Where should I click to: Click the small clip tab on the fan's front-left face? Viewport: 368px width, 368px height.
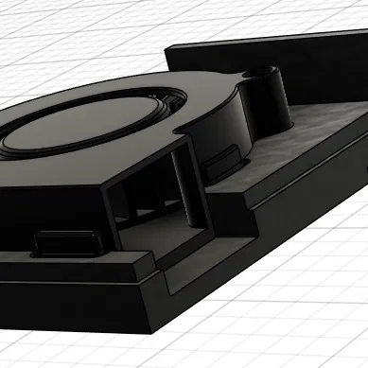[66, 244]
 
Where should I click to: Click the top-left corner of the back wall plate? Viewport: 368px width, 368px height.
[167, 46]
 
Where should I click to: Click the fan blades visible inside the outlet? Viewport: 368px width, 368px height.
[142, 208]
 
